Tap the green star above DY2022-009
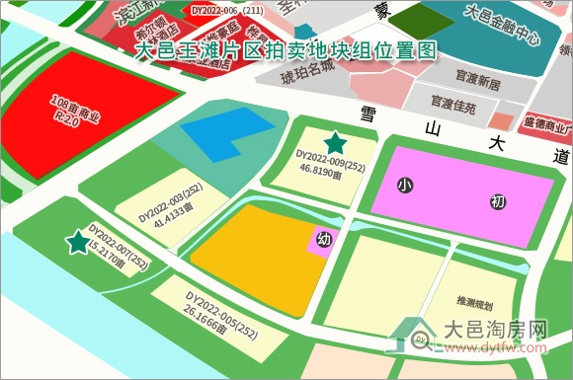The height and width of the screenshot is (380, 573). coord(336,142)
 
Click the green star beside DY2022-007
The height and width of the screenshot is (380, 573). coord(76,242)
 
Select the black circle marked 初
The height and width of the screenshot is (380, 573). coord(498,202)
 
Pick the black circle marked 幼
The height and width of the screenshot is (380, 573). coord(323,238)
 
